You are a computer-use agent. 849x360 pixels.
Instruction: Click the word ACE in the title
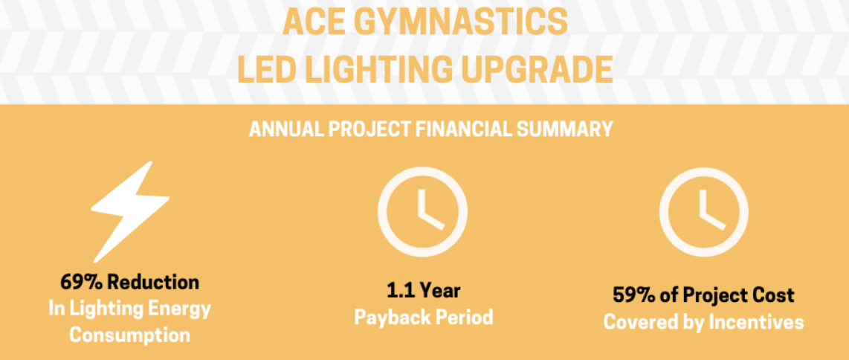[309, 22]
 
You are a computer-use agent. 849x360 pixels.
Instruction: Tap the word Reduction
[153, 282]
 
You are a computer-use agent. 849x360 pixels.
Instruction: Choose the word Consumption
[130, 335]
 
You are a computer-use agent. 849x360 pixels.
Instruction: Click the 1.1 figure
[399, 291]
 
